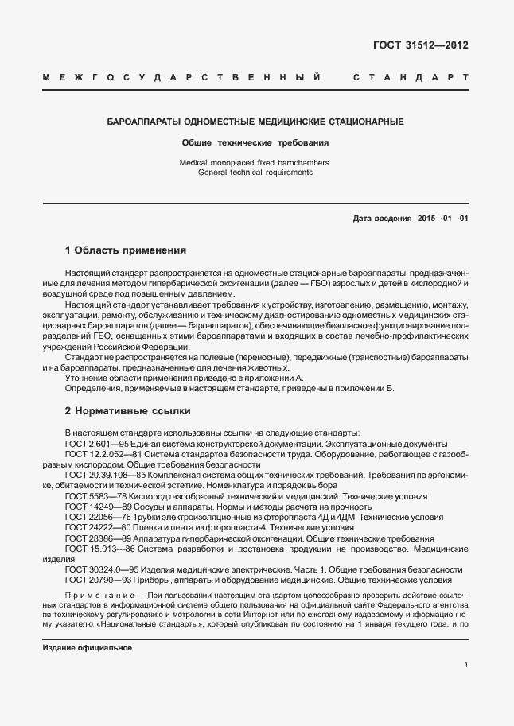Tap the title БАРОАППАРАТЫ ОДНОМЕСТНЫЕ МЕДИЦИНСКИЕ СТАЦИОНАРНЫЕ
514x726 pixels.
pyautogui.click(x=255, y=122)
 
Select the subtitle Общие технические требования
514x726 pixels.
pyautogui.click(x=255, y=143)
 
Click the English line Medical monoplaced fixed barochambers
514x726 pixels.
pyautogui.click(x=255, y=162)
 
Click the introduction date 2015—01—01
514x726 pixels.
pyautogui.click(x=442, y=218)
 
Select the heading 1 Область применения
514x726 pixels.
pyautogui.click(x=125, y=250)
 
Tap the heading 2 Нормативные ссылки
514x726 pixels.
pyautogui.click(x=127, y=411)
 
